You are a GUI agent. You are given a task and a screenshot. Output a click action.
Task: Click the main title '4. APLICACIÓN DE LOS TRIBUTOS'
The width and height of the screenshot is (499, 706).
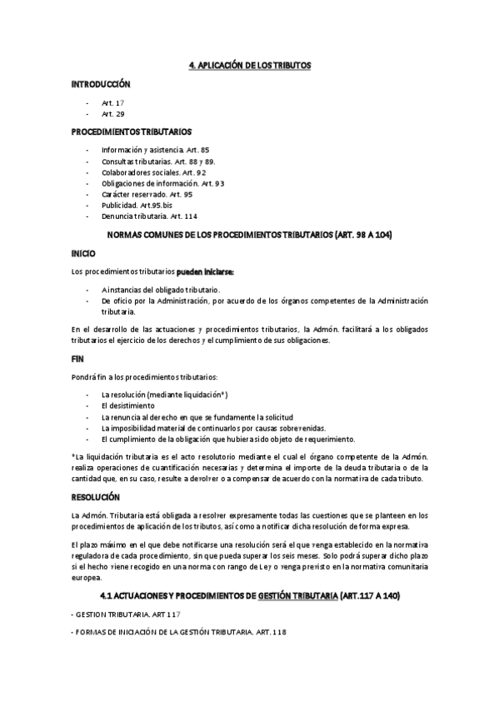pos(249,64)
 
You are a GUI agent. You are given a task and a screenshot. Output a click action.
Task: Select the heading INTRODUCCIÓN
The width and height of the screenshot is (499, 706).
pos(101,84)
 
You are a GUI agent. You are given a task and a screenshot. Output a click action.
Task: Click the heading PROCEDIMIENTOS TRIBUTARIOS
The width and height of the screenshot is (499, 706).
pos(132,132)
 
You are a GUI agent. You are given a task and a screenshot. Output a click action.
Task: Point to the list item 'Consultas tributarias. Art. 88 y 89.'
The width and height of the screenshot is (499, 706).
pos(158,160)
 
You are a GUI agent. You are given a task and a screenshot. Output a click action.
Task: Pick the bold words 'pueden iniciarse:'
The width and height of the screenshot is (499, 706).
pos(205,271)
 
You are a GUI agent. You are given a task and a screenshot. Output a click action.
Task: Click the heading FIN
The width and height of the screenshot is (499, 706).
pos(77,359)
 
